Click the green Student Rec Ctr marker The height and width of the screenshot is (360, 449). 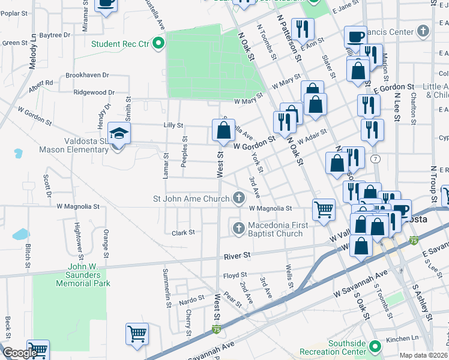click(158, 43)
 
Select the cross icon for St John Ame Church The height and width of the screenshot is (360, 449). click(239, 198)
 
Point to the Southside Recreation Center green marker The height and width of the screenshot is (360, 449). click(375, 346)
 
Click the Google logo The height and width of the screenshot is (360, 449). click(19, 353)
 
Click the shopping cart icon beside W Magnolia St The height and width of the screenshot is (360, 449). click(324, 210)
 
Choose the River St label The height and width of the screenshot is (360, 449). click(237, 256)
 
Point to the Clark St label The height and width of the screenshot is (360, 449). click(183, 233)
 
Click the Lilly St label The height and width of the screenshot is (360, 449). click(173, 125)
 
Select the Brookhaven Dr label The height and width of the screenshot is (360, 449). click(87, 76)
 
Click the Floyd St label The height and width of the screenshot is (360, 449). click(231, 276)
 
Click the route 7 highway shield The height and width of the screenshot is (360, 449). click(375, 158)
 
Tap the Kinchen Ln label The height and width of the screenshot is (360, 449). click(402, 339)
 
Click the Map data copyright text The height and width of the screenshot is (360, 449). click(424, 355)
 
